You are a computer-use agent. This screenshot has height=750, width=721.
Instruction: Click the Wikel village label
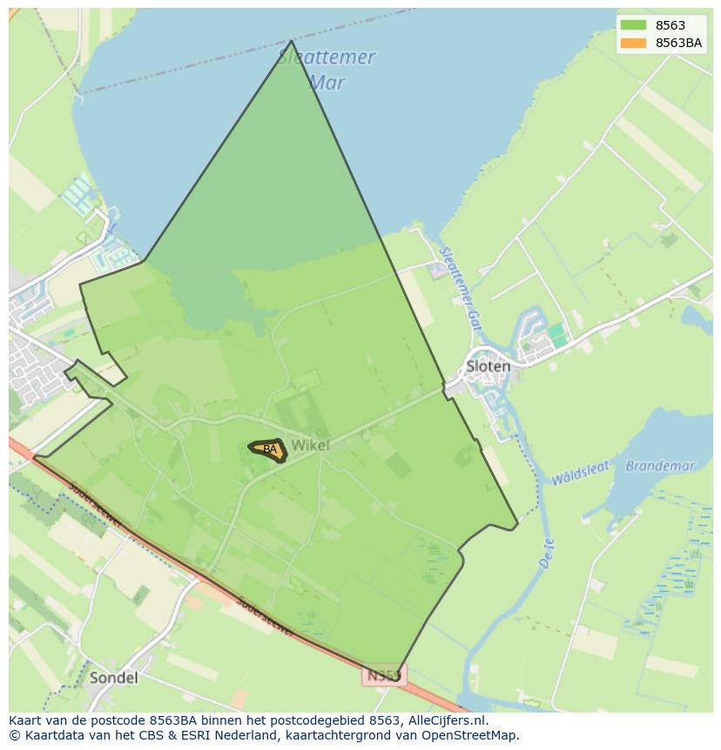tap(310, 445)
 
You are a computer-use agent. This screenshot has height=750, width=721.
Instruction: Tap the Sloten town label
tap(488, 366)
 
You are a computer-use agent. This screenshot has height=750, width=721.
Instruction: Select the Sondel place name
tap(113, 677)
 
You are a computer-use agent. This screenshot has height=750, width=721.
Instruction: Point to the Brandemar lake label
tap(660, 466)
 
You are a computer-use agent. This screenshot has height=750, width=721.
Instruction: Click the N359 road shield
tap(383, 676)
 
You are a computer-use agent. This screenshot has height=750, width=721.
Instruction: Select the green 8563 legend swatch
tap(633, 25)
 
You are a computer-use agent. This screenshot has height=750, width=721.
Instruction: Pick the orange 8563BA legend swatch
tap(633, 43)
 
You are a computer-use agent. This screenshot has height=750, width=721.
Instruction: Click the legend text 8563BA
tap(678, 43)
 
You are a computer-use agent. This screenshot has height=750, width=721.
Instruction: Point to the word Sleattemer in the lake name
tap(327, 57)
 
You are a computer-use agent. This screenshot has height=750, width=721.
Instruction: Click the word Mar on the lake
tap(327, 83)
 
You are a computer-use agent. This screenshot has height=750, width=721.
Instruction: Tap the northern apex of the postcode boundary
tap(291, 41)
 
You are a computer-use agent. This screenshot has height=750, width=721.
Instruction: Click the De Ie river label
tap(547, 554)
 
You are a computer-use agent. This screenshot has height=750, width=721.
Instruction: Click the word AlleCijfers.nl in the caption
tap(448, 720)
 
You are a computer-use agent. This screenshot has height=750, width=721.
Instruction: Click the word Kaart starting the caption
tap(27, 720)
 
